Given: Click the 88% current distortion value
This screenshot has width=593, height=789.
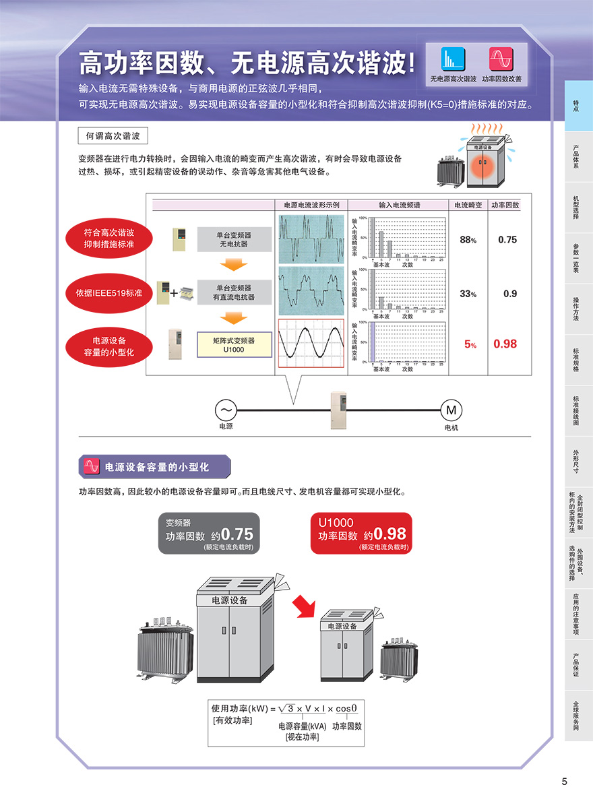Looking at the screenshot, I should pyautogui.click(x=468, y=240).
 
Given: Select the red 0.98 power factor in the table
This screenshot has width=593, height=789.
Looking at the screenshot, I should pyautogui.click(x=505, y=344).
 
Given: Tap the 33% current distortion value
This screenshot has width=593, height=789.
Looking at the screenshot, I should pyautogui.click(x=468, y=294).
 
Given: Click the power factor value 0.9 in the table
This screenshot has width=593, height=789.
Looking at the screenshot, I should pyautogui.click(x=510, y=294).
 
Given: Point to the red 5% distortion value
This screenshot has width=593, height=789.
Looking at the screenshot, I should pyautogui.click(x=470, y=344).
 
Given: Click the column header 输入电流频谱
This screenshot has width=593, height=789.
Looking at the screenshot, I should pyautogui.click(x=399, y=205).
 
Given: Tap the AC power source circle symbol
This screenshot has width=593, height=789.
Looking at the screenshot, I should pyautogui.click(x=225, y=410).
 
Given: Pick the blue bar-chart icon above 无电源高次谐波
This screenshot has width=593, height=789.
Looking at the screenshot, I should pyautogui.click(x=453, y=59).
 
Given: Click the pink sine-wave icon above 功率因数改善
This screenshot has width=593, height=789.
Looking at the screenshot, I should pyautogui.click(x=501, y=59).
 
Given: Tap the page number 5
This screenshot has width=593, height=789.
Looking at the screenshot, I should pyautogui.click(x=565, y=782).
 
